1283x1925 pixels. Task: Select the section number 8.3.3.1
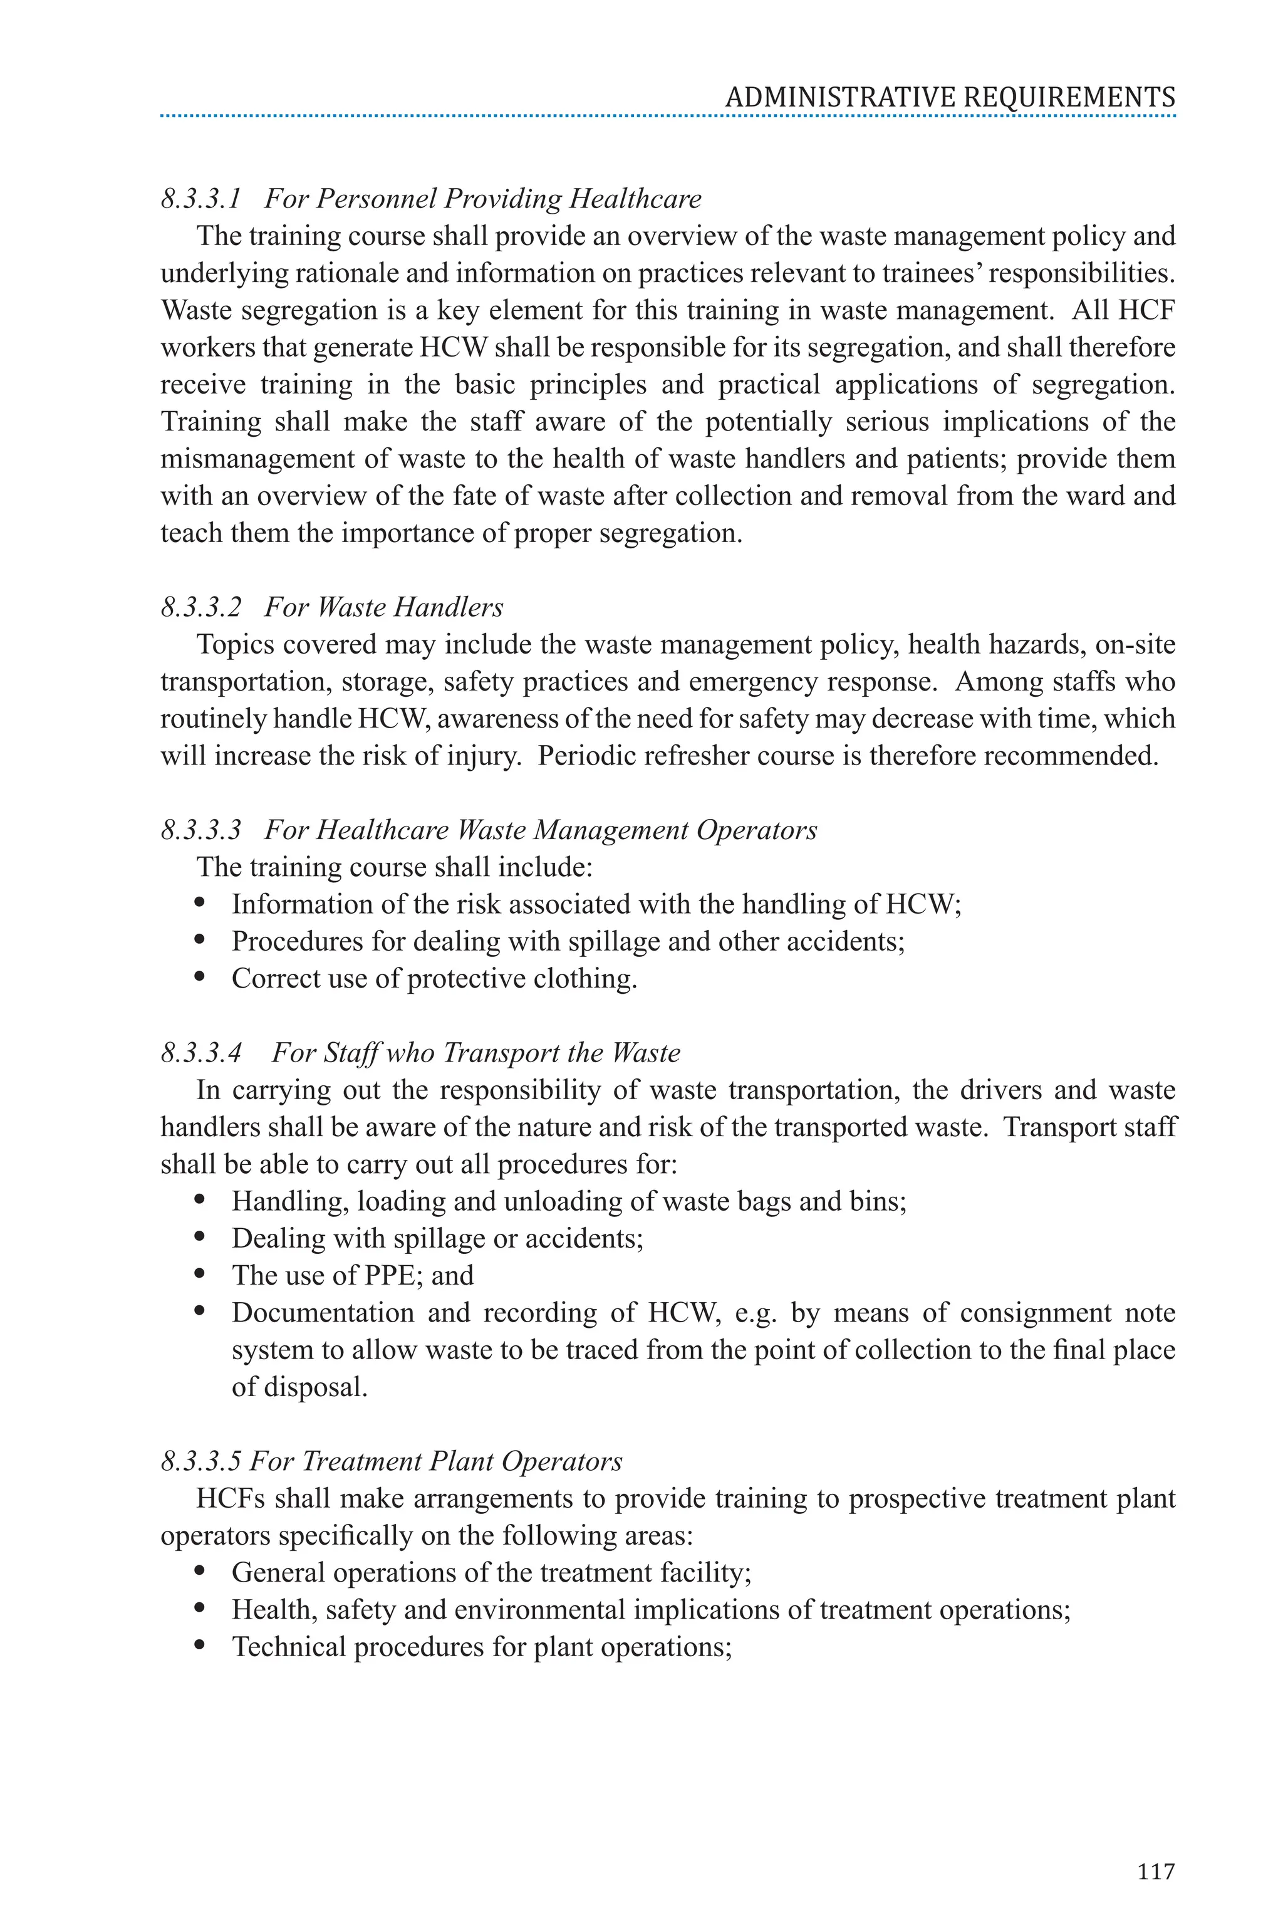click(x=201, y=199)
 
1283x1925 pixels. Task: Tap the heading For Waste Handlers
click(x=384, y=607)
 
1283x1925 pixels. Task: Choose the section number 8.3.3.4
click(x=201, y=1053)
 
